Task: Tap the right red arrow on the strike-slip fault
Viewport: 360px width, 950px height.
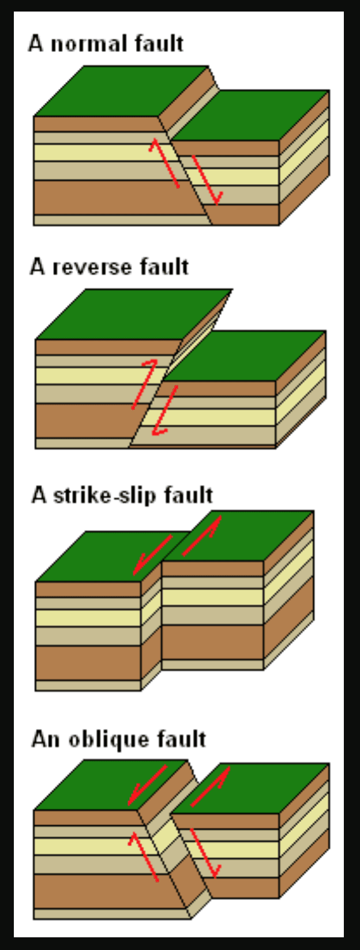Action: (202, 536)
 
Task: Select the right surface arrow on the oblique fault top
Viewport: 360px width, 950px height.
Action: (211, 786)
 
